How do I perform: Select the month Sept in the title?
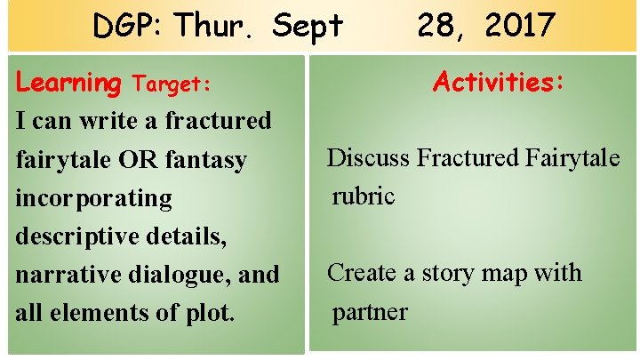pos(308,27)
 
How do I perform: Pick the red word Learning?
pos(69,84)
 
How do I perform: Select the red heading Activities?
pos(498,83)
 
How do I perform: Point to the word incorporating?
pos(94,198)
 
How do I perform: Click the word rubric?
pos(363,196)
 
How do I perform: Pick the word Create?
pos(363,273)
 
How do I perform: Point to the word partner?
pos(370,312)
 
